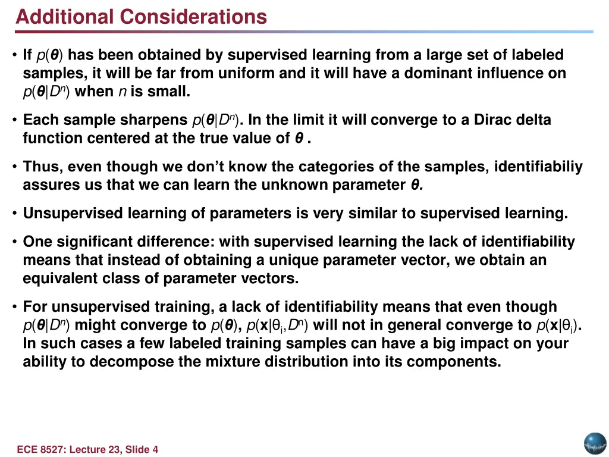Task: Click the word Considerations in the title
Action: click(193, 17)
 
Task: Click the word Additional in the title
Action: click(65, 17)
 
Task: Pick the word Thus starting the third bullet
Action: click(37, 167)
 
